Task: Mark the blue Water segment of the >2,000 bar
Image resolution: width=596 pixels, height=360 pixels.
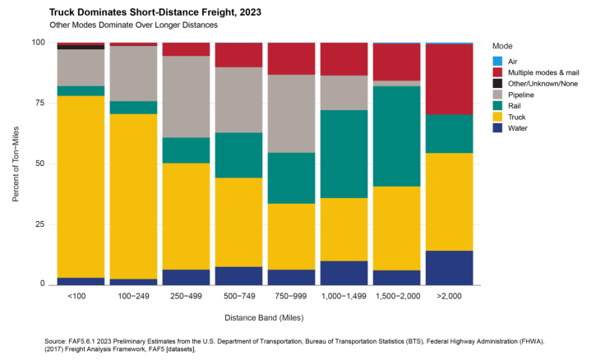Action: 449,267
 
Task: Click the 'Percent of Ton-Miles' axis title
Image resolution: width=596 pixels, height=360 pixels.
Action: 16,163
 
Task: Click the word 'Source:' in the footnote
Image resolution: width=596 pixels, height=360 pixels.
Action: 58,338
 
